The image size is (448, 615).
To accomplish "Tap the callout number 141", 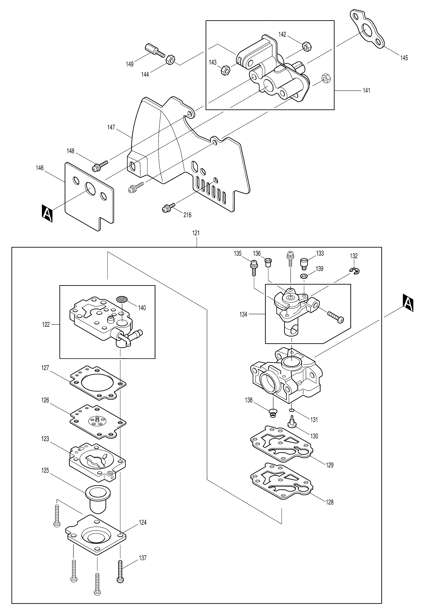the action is pos(366,90).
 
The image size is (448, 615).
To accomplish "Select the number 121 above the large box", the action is pos(196,233).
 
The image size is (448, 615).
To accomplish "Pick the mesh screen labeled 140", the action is pos(122,299).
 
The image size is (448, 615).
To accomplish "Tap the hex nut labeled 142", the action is pos(307,47).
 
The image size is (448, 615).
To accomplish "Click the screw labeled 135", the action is pos(253,267).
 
